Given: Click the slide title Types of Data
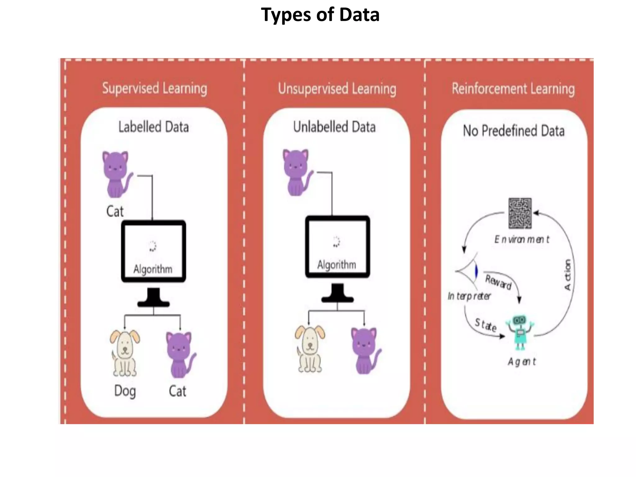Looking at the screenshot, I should [x=320, y=15].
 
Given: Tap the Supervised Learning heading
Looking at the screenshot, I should [x=154, y=89].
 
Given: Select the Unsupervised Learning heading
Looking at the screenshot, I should [x=337, y=89].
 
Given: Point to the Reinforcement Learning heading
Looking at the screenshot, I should [x=513, y=89].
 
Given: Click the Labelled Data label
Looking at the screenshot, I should [x=153, y=127].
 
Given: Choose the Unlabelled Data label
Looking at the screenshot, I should [x=334, y=127].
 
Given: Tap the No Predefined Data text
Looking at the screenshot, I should [x=514, y=131].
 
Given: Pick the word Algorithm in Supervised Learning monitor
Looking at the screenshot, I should [x=153, y=269].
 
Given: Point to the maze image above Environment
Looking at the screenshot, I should [x=520, y=213].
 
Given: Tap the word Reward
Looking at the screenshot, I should [x=498, y=282].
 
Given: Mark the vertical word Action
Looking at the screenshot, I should [x=567, y=275].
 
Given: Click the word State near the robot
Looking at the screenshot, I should [x=485, y=325].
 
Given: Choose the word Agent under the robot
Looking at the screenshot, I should [x=522, y=362].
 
